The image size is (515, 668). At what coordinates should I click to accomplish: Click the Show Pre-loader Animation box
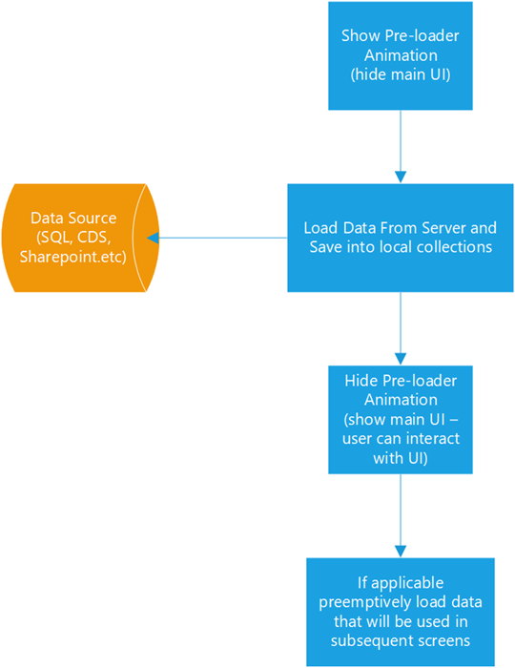(400, 54)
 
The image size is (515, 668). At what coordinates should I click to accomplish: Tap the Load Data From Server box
(400, 238)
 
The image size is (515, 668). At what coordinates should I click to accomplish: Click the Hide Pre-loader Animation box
(400, 419)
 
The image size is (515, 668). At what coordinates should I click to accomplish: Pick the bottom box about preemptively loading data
(400, 612)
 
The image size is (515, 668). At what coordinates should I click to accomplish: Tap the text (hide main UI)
(400, 73)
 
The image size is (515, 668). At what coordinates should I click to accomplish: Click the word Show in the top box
(359, 36)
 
